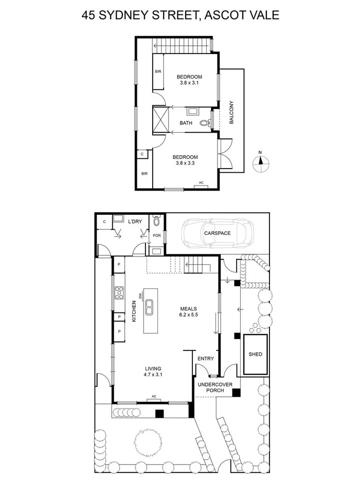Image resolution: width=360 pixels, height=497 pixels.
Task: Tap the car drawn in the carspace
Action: coord(215,233)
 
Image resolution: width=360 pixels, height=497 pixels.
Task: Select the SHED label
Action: coord(255,354)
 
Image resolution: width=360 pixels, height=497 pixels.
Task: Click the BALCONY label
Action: coord(231,112)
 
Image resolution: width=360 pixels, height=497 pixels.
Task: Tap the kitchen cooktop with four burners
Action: coord(119,293)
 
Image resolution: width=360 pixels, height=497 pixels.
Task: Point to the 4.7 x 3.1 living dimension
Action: coord(153,375)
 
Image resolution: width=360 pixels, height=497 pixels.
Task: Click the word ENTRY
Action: coord(205,359)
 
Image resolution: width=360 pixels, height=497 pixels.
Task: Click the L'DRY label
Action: coord(135,221)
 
